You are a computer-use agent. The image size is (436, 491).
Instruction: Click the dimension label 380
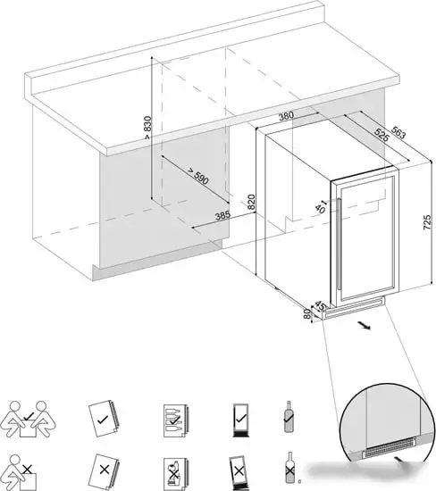pyautogui.click(x=286, y=116)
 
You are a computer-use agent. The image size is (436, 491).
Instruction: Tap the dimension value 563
pyautogui.click(x=398, y=133)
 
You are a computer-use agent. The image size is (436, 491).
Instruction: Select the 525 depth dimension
pyautogui.click(x=381, y=136)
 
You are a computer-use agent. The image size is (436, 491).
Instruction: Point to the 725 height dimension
pyautogui.click(x=427, y=222)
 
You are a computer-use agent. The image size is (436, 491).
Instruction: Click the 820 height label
pyautogui.click(x=251, y=202)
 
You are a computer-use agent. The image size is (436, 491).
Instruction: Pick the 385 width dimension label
pyautogui.click(x=222, y=215)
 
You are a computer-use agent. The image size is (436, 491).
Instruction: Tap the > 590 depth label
pyautogui.click(x=197, y=176)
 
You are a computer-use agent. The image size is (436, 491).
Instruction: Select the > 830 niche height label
pyautogui.click(x=147, y=128)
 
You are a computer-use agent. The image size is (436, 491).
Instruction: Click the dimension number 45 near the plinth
pyautogui.click(x=320, y=305)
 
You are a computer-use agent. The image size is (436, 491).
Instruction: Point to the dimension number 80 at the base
pyautogui.click(x=307, y=313)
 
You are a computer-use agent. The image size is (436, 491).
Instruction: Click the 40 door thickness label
pyautogui.click(x=321, y=207)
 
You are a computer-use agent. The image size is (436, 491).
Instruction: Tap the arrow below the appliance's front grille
pyautogui.click(x=365, y=326)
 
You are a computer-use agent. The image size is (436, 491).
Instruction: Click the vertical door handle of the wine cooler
pyautogui.click(x=338, y=245)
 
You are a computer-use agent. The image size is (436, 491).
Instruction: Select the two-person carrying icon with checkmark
pyautogui.click(x=28, y=419)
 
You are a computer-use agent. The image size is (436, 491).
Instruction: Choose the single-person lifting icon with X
pyautogui.click(x=18, y=473)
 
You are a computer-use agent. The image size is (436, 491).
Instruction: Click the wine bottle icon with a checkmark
pyautogui.click(x=289, y=417)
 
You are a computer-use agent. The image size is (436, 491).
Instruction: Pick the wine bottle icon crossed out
pyautogui.click(x=289, y=467)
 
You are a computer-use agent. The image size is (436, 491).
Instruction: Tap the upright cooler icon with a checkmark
pyautogui.click(x=240, y=420)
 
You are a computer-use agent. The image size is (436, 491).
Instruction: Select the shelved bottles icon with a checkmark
pyautogui.click(x=175, y=420)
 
